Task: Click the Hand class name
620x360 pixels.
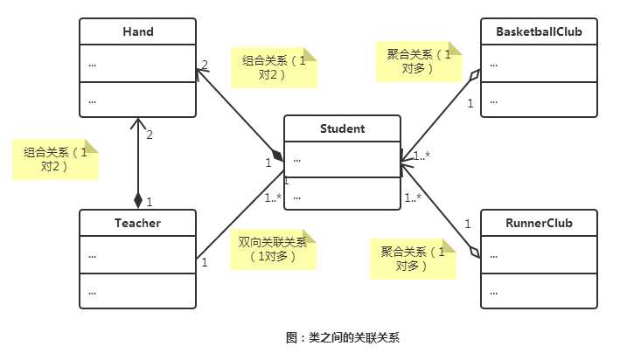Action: click(x=137, y=32)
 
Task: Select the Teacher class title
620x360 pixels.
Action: click(x=137, y=223)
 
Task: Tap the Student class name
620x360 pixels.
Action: click(x=342, y=129)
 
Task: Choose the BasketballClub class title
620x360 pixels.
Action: click(x=539, y=32)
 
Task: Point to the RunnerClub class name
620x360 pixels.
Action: click(x=539, y=223)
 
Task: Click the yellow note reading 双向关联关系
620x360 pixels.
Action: click(x=272, y=249)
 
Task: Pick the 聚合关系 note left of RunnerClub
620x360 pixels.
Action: click(x=412, y=259)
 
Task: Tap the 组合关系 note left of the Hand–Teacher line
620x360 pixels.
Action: click(x=54, y=159)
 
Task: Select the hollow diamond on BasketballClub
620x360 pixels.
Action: click(x=474, y=76)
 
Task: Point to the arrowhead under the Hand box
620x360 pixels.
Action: click(x=137, y=122)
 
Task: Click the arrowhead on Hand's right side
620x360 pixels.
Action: click(x=200, y=73)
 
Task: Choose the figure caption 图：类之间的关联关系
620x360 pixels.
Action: click(x=342, y=337)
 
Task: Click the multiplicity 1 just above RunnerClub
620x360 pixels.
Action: click(x=467, y=225)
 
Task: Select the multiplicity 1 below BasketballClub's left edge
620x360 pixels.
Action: click(x=470, y=104)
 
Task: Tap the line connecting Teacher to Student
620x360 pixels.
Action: click(x=240, y=221)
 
